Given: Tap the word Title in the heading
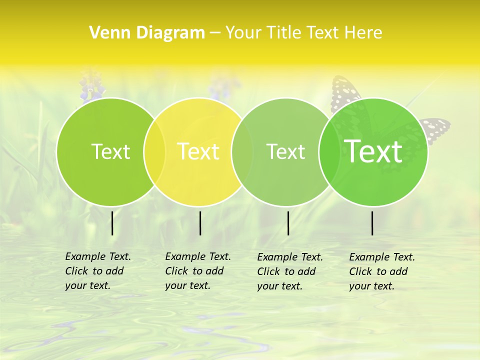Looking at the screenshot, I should [x=283, y=32].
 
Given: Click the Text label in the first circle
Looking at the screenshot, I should [x=110, y=151].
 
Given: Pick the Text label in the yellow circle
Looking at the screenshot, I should [x=198, y=151].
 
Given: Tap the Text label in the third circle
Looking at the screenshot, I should [x=285, y=151].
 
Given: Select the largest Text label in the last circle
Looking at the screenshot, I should [x=373, y=151].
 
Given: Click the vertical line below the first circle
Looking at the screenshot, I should [x=112, y=223].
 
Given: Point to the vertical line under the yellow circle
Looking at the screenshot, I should [x=200, y=223].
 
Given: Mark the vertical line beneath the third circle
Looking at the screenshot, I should [x=288, y=223].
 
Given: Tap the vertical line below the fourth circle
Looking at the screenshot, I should [x=372, y=223].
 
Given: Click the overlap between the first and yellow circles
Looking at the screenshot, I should [x=154, y=151].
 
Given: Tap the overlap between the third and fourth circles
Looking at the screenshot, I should [x=329, y=151].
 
